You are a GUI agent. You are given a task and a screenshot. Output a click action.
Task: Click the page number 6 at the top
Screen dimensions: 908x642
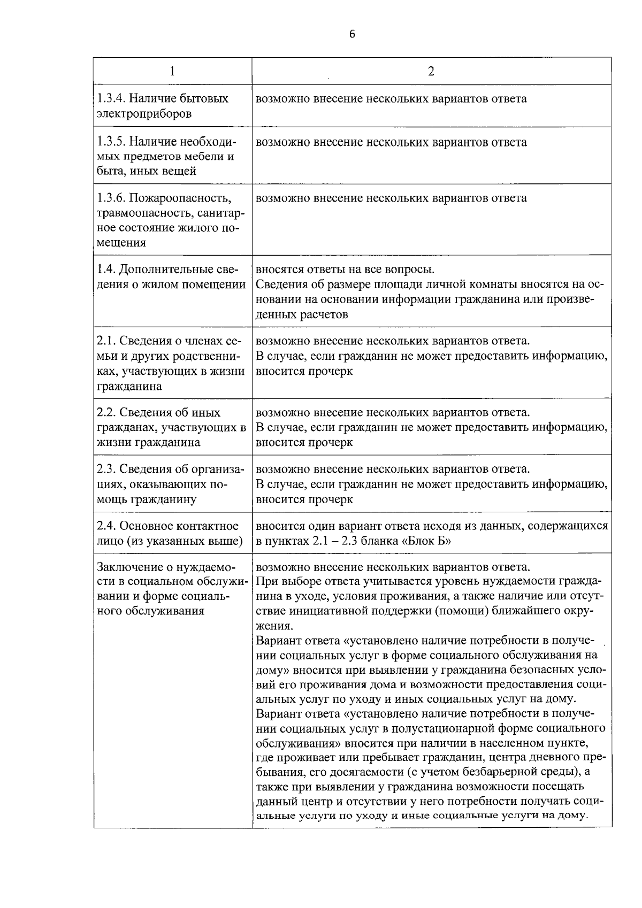tap(351, 34)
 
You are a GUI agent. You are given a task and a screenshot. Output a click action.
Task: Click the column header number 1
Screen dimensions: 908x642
tap(172, 72)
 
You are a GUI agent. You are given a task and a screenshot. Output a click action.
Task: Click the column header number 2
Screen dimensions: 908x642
tap(431, 72)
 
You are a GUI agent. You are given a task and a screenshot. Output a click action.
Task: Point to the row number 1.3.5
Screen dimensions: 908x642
tap(111, 143)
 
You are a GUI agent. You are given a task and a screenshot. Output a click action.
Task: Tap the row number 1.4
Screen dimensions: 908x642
tap(105, 270)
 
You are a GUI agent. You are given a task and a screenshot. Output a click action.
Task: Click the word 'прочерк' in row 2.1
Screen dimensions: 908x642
tap(330, 371)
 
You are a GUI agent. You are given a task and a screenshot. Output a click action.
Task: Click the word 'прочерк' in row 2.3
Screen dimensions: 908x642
tap(330, 499)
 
